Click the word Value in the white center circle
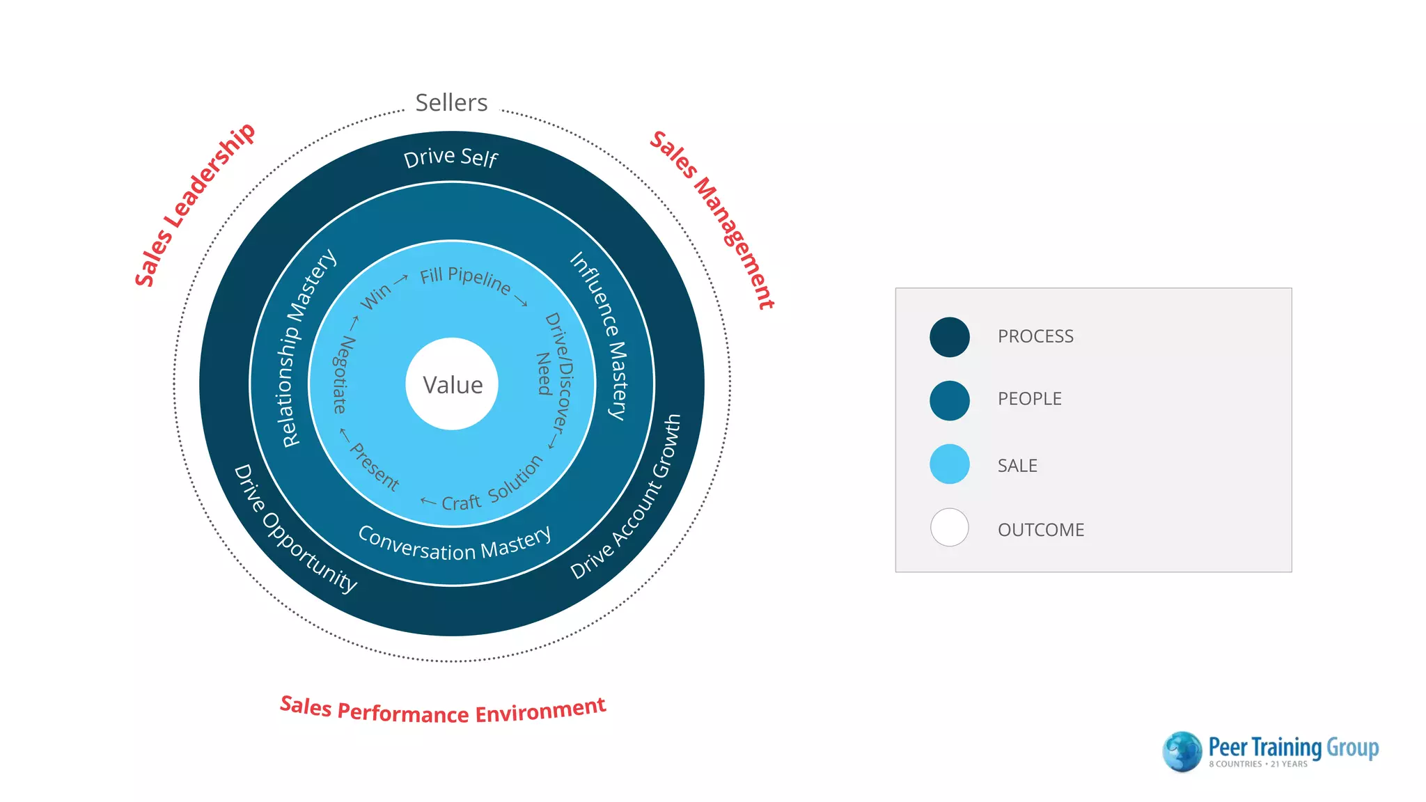point(453,385)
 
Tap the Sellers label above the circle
point(451,103)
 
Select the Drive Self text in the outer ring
point(450,157)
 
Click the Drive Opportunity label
point(293,530)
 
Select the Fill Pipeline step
point(465,279)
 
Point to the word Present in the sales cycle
point(375,467)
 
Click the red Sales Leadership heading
point(194,205)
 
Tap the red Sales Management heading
point(712,219)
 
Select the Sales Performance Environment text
point(443,711)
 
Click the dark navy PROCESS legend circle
point(949,337)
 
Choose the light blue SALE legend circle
point(949,464)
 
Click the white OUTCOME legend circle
point(949,528)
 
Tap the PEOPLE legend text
point(1029,399)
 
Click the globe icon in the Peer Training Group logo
point(1182,751)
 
